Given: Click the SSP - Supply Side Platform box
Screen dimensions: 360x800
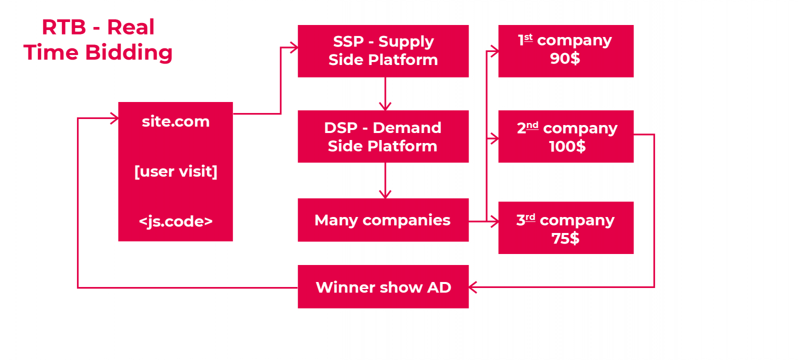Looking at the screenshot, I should tap(383, 51).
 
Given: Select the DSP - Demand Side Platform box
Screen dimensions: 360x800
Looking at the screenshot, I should tap(383, 136).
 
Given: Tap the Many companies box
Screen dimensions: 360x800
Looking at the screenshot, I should tap(383, 220).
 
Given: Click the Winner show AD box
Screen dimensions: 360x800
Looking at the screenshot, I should tap(383, 287).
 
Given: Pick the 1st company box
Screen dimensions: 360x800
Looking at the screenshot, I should tap(565, 51).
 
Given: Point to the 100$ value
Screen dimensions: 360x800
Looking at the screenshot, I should tap(567, 146).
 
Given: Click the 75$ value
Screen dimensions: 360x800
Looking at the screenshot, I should tap(565, 238).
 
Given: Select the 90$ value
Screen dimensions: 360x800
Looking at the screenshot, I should tap(565, 59).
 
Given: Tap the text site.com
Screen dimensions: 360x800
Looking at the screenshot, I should tap(175, 121).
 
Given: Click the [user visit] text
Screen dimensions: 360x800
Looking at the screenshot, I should tap(175, 171).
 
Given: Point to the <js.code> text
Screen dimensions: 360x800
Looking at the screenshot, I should tap(175, 221).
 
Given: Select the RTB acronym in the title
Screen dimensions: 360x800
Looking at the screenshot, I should tap(63, 27).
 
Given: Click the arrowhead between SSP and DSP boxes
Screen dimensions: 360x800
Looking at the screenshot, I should tap(385, 106).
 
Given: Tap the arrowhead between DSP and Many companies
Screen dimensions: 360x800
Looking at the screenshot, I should tap(385, 194).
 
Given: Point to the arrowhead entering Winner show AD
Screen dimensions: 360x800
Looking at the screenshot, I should tap(472, 287).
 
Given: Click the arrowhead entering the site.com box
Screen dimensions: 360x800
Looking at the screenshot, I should tap(114, 118).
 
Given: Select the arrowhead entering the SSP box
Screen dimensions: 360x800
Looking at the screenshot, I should tap(294, 48).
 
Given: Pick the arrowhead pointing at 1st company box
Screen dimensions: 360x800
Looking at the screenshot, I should tap(494, 51).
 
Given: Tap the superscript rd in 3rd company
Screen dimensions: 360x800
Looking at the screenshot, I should tap(530, 217).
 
